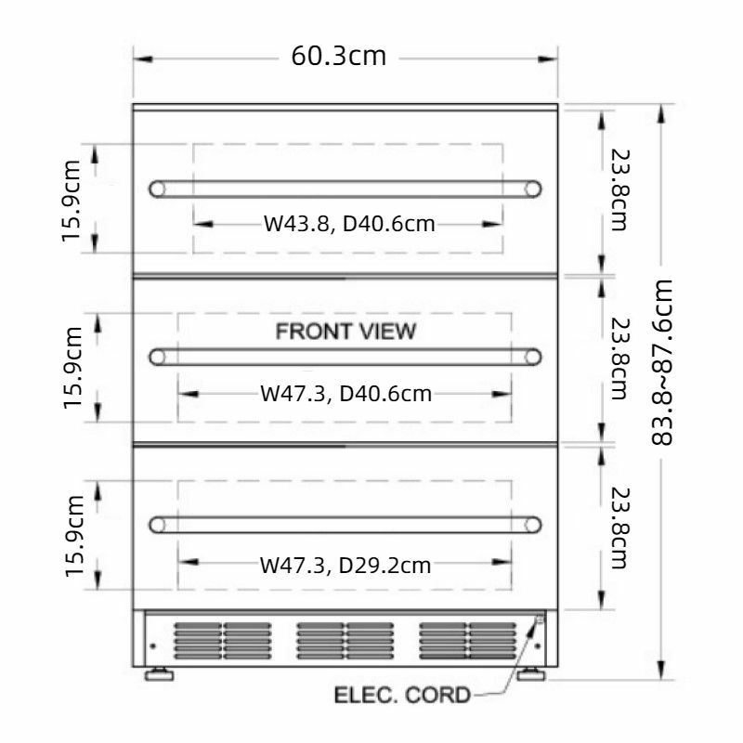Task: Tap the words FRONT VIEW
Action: coord(345,332)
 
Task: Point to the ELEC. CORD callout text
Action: coord(402,695)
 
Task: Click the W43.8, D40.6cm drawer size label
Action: coord(349,224)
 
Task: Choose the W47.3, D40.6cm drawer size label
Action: coord(345,394)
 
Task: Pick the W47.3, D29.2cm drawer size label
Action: coord(345,564)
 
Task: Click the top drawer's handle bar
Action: coord(345,189)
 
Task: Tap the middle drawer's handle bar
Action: coord(345,357)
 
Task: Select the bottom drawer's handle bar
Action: coord(345,525)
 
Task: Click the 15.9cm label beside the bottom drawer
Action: coord(75,535)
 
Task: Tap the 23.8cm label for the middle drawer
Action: coord(618,360)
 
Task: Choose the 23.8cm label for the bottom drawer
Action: coord(618,528)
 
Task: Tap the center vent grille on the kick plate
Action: coord(345,640)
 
